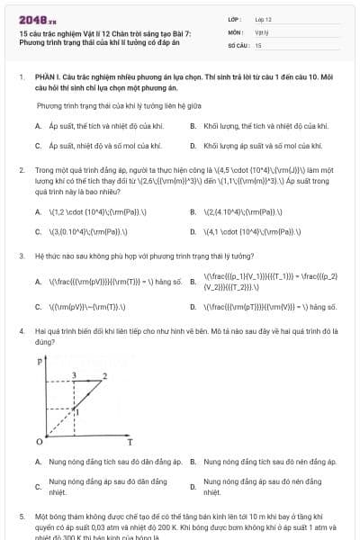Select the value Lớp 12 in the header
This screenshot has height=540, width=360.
(x=263, y=19)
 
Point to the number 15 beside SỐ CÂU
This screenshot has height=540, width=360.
(x=258, y=44)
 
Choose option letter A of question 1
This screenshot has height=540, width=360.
(x=39, y=127)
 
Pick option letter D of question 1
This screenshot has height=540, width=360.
(x=193, y=145)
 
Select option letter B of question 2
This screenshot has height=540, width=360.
(x=193, y=212)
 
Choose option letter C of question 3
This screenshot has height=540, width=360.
(x=39, y=307)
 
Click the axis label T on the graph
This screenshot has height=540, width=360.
(x=130, y=443)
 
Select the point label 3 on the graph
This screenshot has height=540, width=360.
(x=73, y=374)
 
